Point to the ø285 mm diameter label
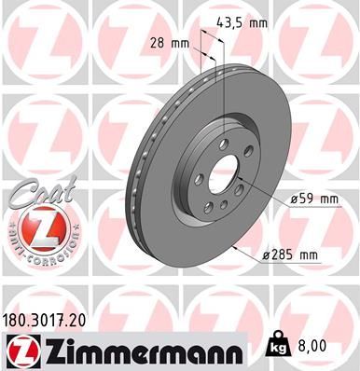(291, 254)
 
